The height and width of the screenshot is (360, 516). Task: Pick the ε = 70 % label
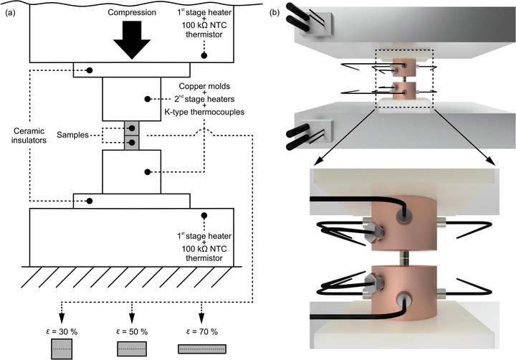[202, 331]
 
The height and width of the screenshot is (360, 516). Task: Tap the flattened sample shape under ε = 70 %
[202, 349]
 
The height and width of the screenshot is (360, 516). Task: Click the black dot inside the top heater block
[205, 55]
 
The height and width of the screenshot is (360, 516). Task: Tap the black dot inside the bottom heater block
[205, 215]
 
